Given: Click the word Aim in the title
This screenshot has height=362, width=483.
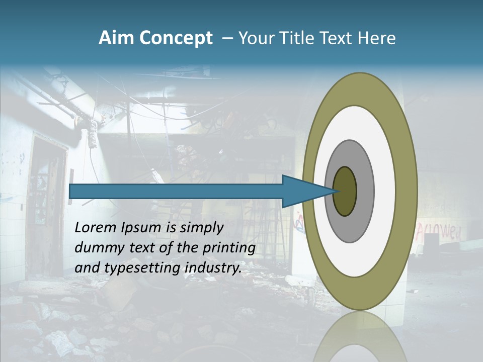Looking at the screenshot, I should pyautogui.click(x=117, y=38).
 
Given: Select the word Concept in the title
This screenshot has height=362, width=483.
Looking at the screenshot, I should pyautogui.click(x=176, y=38).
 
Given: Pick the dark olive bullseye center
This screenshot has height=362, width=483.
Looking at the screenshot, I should pyautogui.click(x=345, y=191).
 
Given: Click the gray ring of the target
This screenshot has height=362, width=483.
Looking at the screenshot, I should pyautogui.click(x=366, y=191).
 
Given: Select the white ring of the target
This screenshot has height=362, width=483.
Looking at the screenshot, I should pyautogui.click(x=385, y=191).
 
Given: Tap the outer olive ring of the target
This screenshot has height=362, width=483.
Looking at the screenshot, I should pyautogui.click(x=409, y=191).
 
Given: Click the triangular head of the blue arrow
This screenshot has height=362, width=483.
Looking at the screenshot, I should pyautogui.click(x=302, y=191).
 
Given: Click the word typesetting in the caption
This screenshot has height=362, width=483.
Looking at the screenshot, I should pyautogui.click(x=139, y=268).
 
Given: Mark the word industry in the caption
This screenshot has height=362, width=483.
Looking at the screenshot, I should pyautogui.click(x=213, y=268).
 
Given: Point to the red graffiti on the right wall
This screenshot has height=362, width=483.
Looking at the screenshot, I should pyautogui.click(x=439, y=231).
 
